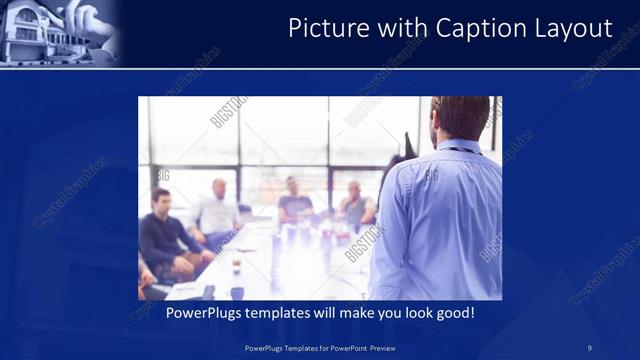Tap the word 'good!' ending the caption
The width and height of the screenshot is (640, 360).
pos(453,313)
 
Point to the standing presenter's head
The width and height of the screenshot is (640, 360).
pos(459,118)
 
